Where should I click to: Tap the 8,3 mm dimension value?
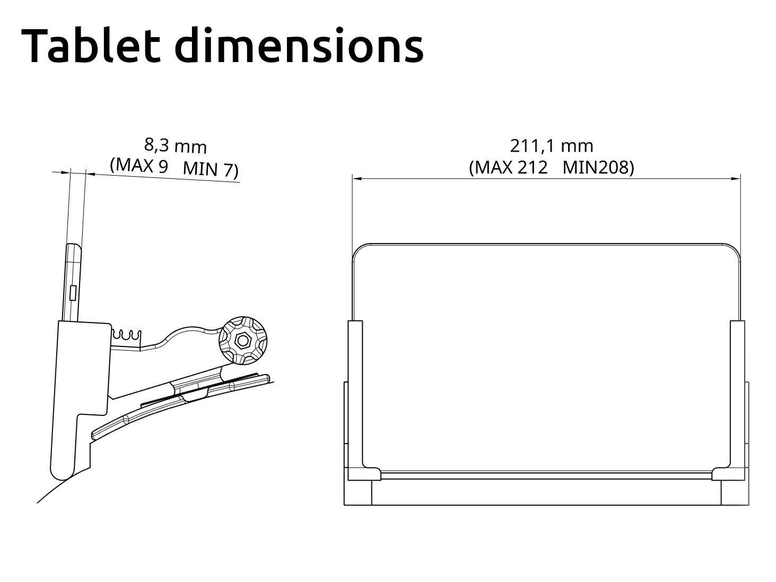pyautogui.click(x=176, y=145)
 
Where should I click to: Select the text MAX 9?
pyautogui.click(x=139, y=166)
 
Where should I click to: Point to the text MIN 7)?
pyautogui.click(x=211, y=170)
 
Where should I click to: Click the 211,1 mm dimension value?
pyautogui.click(x=551, y=145)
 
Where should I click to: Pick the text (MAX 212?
pyautogui.click(x=508, y=168)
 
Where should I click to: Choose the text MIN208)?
pyautogui.click(x=598, y=168)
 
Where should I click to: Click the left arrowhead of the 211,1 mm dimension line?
pyautogui.click(x=357, y=179)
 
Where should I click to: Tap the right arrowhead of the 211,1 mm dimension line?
pyautogui.click(x=736, y=179)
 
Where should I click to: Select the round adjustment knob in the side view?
pyautogui.click(x=243, y=341)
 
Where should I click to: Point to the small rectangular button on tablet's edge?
pyautogui.click(x=73, y=293)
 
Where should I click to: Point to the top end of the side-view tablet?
pyautogui.click(x=74, y=246)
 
